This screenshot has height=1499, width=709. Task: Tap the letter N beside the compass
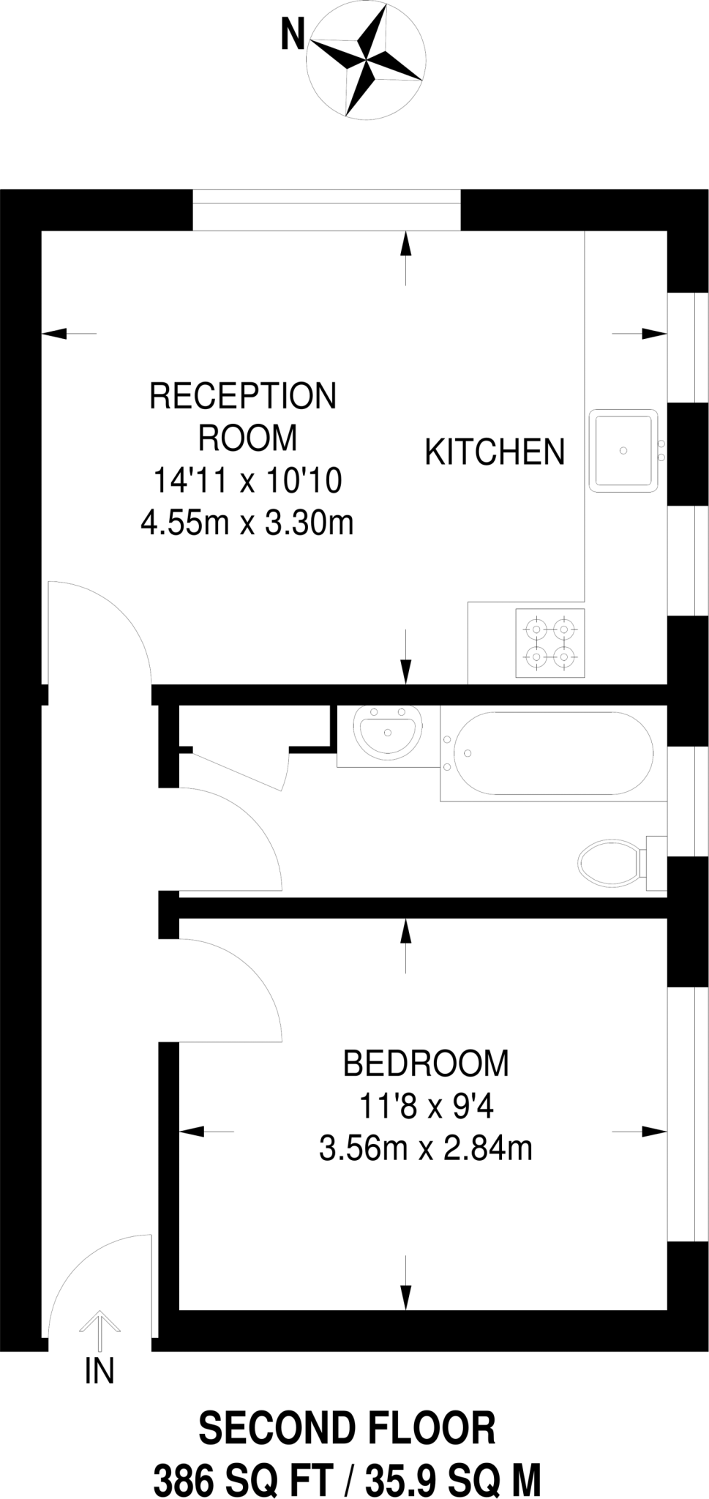pos(293,34)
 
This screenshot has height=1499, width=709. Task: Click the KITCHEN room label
pos(495,452)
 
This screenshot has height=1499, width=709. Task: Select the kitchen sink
pos(623,450)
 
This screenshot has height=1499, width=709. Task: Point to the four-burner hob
pos(550,643)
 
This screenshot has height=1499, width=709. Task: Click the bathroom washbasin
pos(387,729)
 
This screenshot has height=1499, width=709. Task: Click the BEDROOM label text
pos(426,1063)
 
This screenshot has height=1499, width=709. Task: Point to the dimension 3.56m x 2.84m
pos(426,1148)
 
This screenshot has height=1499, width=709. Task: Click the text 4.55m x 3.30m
pos(247,523)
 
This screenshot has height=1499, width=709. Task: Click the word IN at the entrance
pos(100,1371)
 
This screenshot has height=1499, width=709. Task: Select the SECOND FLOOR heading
pos(348,1428)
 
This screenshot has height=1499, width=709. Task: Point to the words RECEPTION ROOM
pos(243,416)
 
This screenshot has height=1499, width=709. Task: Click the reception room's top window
pos(326,209)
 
